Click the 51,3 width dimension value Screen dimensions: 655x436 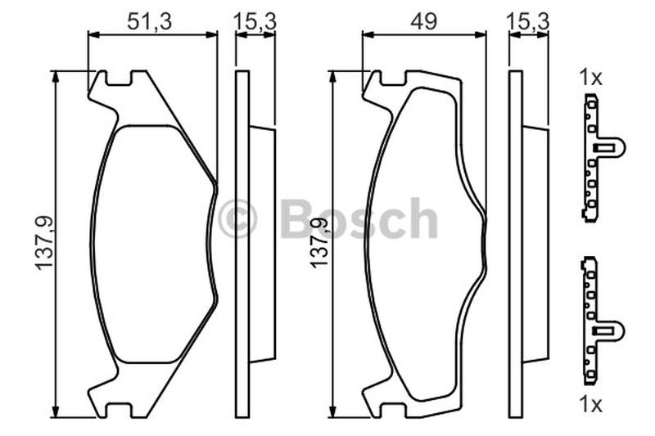pos(150,21)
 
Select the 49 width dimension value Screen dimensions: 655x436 pos(423,21)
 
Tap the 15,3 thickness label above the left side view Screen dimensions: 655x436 pos(255,21)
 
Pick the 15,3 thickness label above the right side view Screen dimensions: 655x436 pos(527,21)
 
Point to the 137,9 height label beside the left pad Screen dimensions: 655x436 pos(44,243)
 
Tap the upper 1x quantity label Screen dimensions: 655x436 pos(590,78)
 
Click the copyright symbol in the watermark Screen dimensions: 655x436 pos(237,218)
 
